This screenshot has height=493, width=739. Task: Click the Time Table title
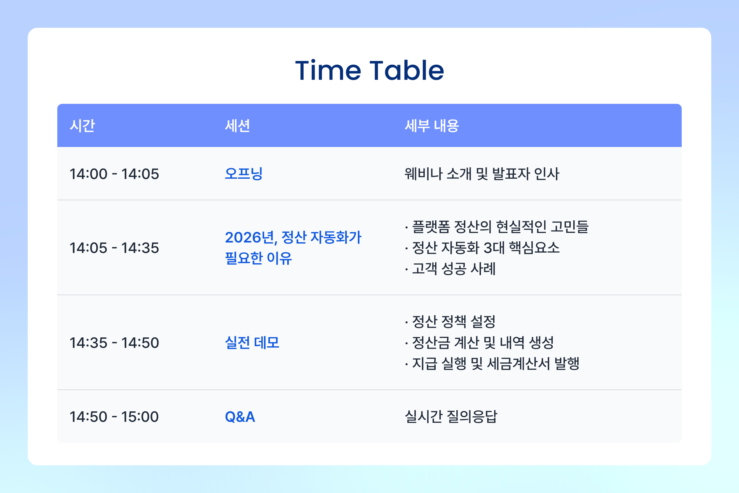(369, 71)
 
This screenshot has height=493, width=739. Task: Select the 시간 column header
(82, 126)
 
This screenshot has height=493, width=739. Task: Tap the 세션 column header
(237, 126)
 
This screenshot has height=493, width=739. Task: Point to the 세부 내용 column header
(432, 126)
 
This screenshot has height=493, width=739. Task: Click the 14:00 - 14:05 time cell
(114, 174)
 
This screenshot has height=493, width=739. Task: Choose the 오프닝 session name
(244, 174)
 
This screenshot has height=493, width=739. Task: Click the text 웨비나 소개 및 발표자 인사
(482, 174)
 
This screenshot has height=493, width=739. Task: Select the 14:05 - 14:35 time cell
(114, 248)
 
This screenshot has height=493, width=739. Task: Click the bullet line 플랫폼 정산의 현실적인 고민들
(499, 227)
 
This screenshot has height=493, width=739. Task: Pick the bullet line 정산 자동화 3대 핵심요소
(486, 248)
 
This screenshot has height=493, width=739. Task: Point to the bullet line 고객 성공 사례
(453, 269)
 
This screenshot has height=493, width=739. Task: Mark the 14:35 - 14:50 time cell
(114, 343)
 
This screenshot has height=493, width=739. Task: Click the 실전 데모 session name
(252, 343)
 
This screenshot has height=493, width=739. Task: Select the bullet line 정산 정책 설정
(453, 322)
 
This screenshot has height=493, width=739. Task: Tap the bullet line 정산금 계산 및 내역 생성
(482, 343)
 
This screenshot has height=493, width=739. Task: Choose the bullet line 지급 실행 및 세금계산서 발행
(495, 364)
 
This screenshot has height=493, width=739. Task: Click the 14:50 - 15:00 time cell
(114, 417)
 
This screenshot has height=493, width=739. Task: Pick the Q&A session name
(240, 417)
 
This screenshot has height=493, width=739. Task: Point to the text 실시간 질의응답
(451, 417)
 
